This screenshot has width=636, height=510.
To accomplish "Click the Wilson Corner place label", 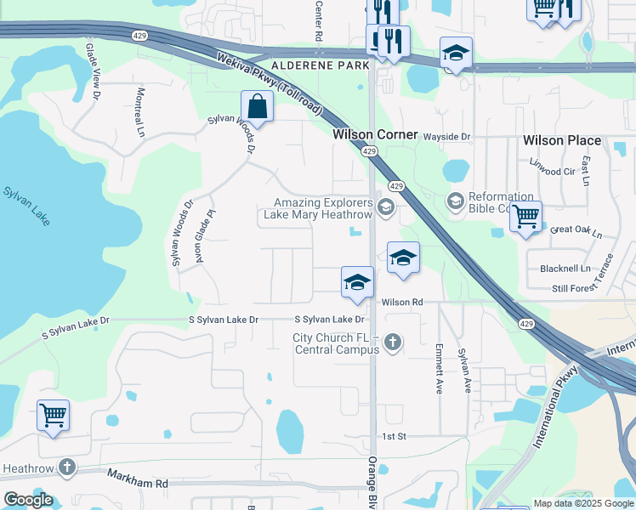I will click(375, 134).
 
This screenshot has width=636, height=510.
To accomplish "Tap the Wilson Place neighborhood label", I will click(562, 140).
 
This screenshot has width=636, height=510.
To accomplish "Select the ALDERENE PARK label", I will click(321, 65).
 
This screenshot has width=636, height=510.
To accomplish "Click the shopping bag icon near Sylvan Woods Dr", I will click(257, 108).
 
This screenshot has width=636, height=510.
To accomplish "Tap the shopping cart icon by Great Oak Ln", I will click(525, 216).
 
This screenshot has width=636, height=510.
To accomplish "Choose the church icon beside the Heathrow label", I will click(66, 467).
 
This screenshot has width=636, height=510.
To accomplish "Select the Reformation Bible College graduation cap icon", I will click(455, 201).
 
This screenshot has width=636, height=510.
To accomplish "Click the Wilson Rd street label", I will click(402, 303).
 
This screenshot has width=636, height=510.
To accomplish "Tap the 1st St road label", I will click(394, 436).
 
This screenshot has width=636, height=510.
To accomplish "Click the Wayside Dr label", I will click(447, 137).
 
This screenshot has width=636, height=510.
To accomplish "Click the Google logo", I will click(29, 500).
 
